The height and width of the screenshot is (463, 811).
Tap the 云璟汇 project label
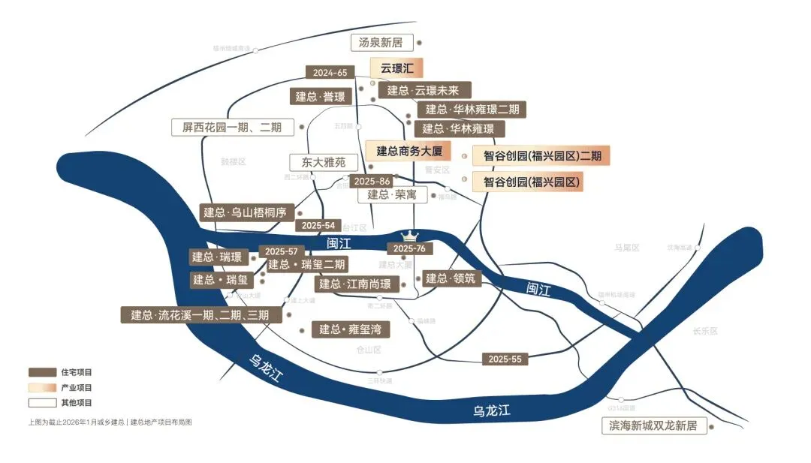point(396,68)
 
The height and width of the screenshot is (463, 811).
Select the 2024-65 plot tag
point(330,73)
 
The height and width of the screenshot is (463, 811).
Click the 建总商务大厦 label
point(409,151)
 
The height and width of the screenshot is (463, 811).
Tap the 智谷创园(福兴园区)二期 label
point(541,156)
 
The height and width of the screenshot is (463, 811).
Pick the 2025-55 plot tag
point(505,359)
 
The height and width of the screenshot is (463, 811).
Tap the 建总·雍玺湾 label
point(351,329)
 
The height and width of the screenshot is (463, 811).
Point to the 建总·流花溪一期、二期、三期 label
point(200,315)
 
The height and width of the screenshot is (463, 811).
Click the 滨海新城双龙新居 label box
point(650,426)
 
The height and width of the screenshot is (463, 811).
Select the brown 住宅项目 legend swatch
point(43,373)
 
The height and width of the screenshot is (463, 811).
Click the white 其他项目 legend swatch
point(43,403)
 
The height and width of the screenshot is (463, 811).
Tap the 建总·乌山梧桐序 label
point(246,212)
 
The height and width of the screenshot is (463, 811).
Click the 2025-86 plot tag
point(372,182)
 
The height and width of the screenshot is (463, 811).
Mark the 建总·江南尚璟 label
point(355,284)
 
